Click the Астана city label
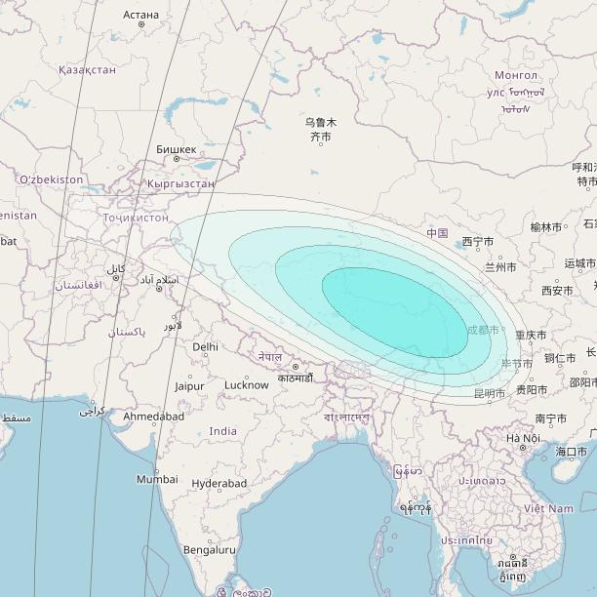click(141, 15)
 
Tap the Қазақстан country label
click(87, 69)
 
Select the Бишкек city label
click(176, 149)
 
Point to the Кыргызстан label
click(180, 182)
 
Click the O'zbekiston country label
click(51, 179)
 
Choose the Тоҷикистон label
click(136, 217)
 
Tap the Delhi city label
click(206, 346)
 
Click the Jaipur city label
click(189, 386)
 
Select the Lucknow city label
click(246, 385)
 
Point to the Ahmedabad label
click(153, 417)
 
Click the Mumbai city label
click(157, 479)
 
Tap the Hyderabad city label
click(219, 483)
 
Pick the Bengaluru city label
click(209, 549)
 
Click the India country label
click(222, 431)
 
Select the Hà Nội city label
click(523, 438)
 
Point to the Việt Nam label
click(547, 508)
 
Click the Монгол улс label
click(515, 84)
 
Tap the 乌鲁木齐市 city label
click(320, 130)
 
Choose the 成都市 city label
click(483, 331)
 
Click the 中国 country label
click(437, 233)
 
